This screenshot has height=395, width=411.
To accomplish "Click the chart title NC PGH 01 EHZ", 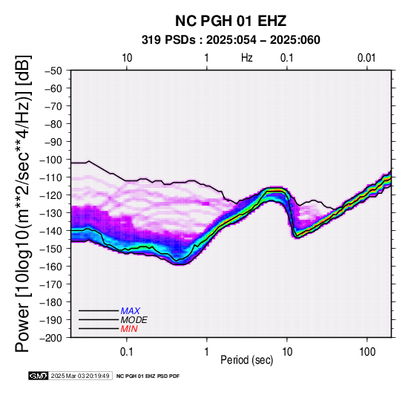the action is [231, 21].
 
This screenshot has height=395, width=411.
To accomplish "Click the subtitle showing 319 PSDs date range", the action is [231, 40].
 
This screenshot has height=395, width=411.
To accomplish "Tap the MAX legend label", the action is [130, 311].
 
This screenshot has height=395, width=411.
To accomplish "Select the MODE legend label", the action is [134, 320].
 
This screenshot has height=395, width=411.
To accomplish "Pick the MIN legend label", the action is [129, 329].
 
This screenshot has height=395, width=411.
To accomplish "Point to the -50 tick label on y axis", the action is [53, 71].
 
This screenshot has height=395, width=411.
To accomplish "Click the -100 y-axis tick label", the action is [51, 160].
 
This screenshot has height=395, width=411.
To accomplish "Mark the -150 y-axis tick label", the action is [51, 249].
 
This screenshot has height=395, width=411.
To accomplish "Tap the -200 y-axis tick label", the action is [51, 338].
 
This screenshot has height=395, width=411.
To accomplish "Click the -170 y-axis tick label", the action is [51, 284].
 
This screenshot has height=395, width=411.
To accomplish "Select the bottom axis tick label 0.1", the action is [127, 352].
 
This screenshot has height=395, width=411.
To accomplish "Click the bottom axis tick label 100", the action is [367, 352].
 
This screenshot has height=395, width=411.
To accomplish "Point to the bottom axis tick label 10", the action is [287, 352].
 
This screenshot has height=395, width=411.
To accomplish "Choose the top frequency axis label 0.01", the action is [366, 58].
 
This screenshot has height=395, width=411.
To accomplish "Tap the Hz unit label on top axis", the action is [247, 58].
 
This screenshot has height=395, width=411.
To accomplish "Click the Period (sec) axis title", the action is [247, 360].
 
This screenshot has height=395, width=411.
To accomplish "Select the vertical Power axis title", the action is [23, 203].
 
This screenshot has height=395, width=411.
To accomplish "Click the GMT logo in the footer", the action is [39, 376].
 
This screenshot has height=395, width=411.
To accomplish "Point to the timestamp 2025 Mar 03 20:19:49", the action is [80, 376].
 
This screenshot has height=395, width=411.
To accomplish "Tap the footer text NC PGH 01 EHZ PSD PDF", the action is [148, 376].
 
